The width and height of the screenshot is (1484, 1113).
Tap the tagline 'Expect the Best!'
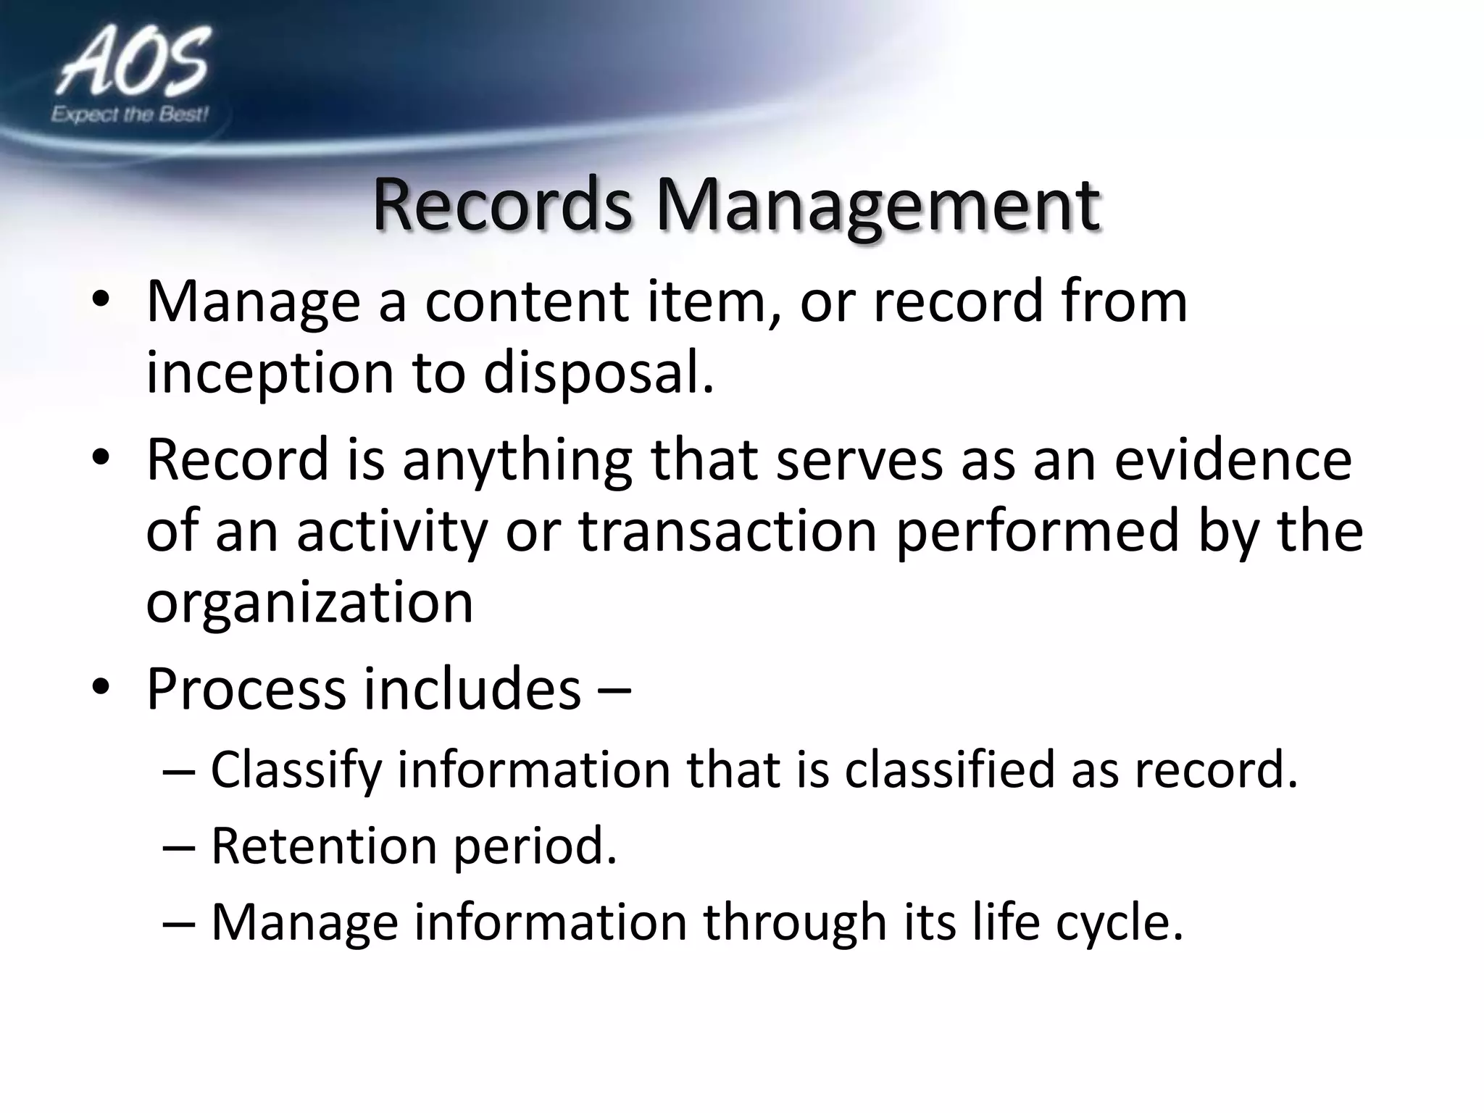point(130,114)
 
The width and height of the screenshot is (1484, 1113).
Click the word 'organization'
point(309,604)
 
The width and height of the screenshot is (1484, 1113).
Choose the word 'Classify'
point(296,771)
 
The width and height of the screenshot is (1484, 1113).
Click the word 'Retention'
point(324,846)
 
